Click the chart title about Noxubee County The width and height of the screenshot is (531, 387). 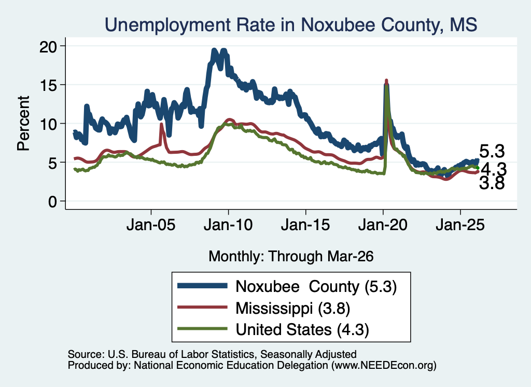coord(291,25)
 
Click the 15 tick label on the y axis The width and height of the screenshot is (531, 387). coord(48,85)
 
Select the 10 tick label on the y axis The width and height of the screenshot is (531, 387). coord(48,124)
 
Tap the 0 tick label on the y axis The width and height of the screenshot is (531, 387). coord(52,202)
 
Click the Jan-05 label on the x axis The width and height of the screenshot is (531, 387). coord(151,225)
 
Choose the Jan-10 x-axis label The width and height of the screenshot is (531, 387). coord(228,225)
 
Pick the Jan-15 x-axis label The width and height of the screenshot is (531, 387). coord(305,225)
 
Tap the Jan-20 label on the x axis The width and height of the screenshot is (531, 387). coord(383,225)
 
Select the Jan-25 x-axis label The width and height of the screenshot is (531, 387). coord(460,225)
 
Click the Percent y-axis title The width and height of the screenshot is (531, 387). coord(24,124)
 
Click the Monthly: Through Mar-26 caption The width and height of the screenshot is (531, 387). coord(291,257)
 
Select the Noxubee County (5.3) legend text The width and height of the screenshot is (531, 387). coord(316,287)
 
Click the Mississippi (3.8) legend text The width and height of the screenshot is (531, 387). coord(292,309)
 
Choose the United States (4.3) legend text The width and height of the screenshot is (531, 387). coord(302,330)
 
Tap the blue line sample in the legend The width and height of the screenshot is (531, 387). coord(203,286)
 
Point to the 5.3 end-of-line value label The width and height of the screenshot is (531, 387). coord(492,151)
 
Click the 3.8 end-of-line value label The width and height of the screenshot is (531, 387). coord(492,183)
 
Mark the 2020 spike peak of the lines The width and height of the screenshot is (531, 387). coord(386,81)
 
